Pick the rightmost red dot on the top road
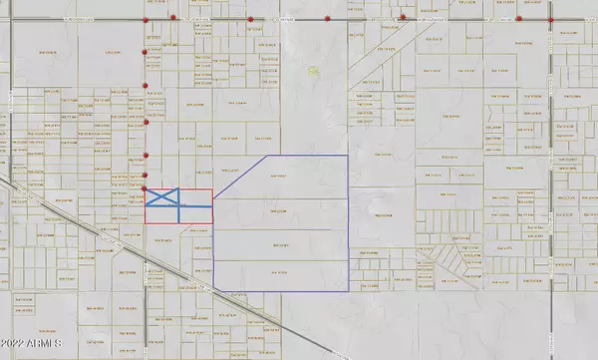click(552, 20)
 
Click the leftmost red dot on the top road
click(147, 20)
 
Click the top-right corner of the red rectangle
click(212, 189)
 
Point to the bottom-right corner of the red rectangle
click(212, 222)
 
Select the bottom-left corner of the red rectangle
click(147, 222)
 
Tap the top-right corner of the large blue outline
click(348, 157)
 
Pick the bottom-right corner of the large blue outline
click(348, 291)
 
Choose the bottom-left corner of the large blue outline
click(215, 291)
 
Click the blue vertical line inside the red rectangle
click(180, 211)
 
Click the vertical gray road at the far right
click(553, 150)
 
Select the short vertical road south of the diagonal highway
click(146, 299)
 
